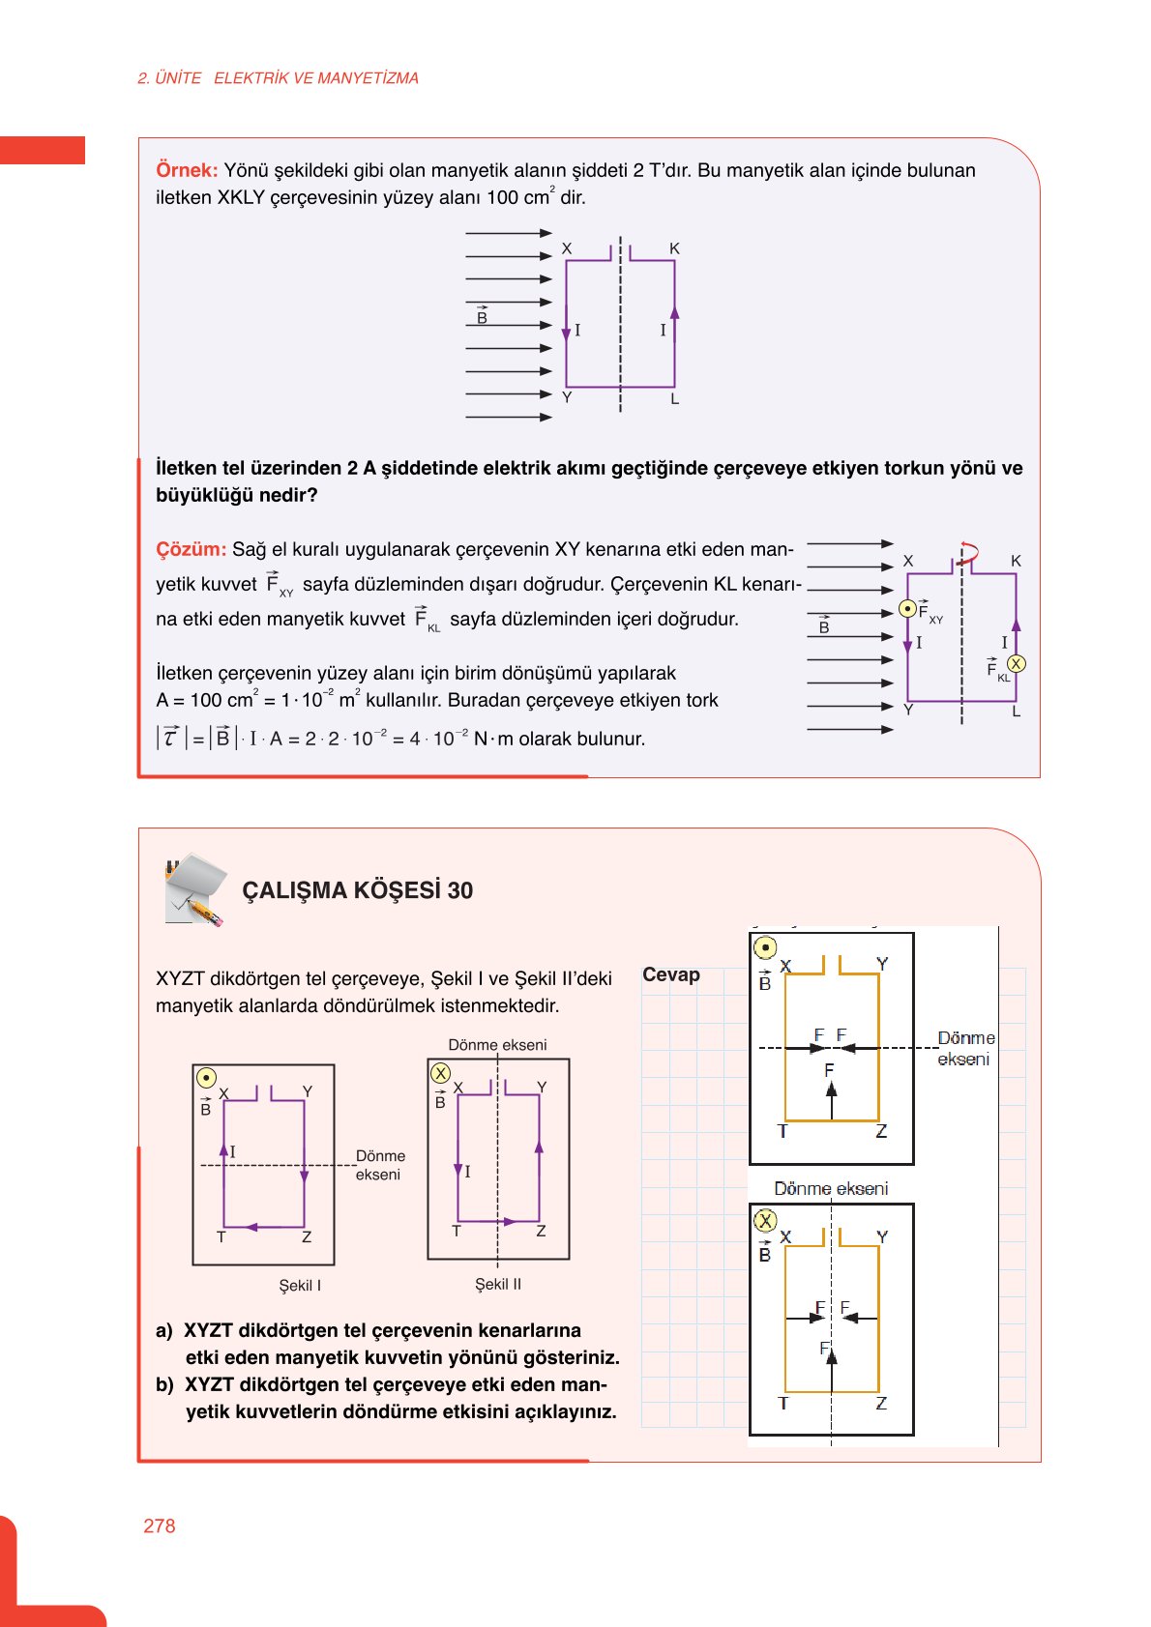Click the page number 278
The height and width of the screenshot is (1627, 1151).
click(x=160, y=1525)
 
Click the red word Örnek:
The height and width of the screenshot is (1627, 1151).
click(x=187, y=170)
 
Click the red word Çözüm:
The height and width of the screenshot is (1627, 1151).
click(x=191, y=549)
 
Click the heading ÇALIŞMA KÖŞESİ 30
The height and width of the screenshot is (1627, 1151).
click(x=357, y=890)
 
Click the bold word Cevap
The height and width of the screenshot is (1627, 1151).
click(x=671, y=974)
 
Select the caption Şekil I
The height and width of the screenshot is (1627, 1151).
click(x=300, y=1285)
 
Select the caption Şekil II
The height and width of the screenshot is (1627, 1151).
click(x=498, y=1284)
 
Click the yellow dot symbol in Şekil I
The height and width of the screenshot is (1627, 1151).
click(x=206, y=1077)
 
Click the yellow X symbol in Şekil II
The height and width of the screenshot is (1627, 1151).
click(x=441, y=1073)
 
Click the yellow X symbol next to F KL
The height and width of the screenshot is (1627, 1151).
click(x=1016, y=664)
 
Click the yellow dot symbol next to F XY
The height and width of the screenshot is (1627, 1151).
click(x=907, y=609)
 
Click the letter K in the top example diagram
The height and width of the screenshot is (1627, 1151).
click(x=674, y=248)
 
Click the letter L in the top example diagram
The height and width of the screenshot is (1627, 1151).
click(x=674, y=398)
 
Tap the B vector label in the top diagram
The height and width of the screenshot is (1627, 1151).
click(x=482, y=317)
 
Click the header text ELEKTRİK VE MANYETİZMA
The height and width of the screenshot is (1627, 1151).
click(x=316, y=78)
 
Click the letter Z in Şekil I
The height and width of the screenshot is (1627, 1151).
click(x=307, y=1236)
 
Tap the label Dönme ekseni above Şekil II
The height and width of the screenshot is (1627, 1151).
click(x=497, y=1044)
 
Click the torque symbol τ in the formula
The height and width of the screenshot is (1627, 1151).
click(x=170, y=738)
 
